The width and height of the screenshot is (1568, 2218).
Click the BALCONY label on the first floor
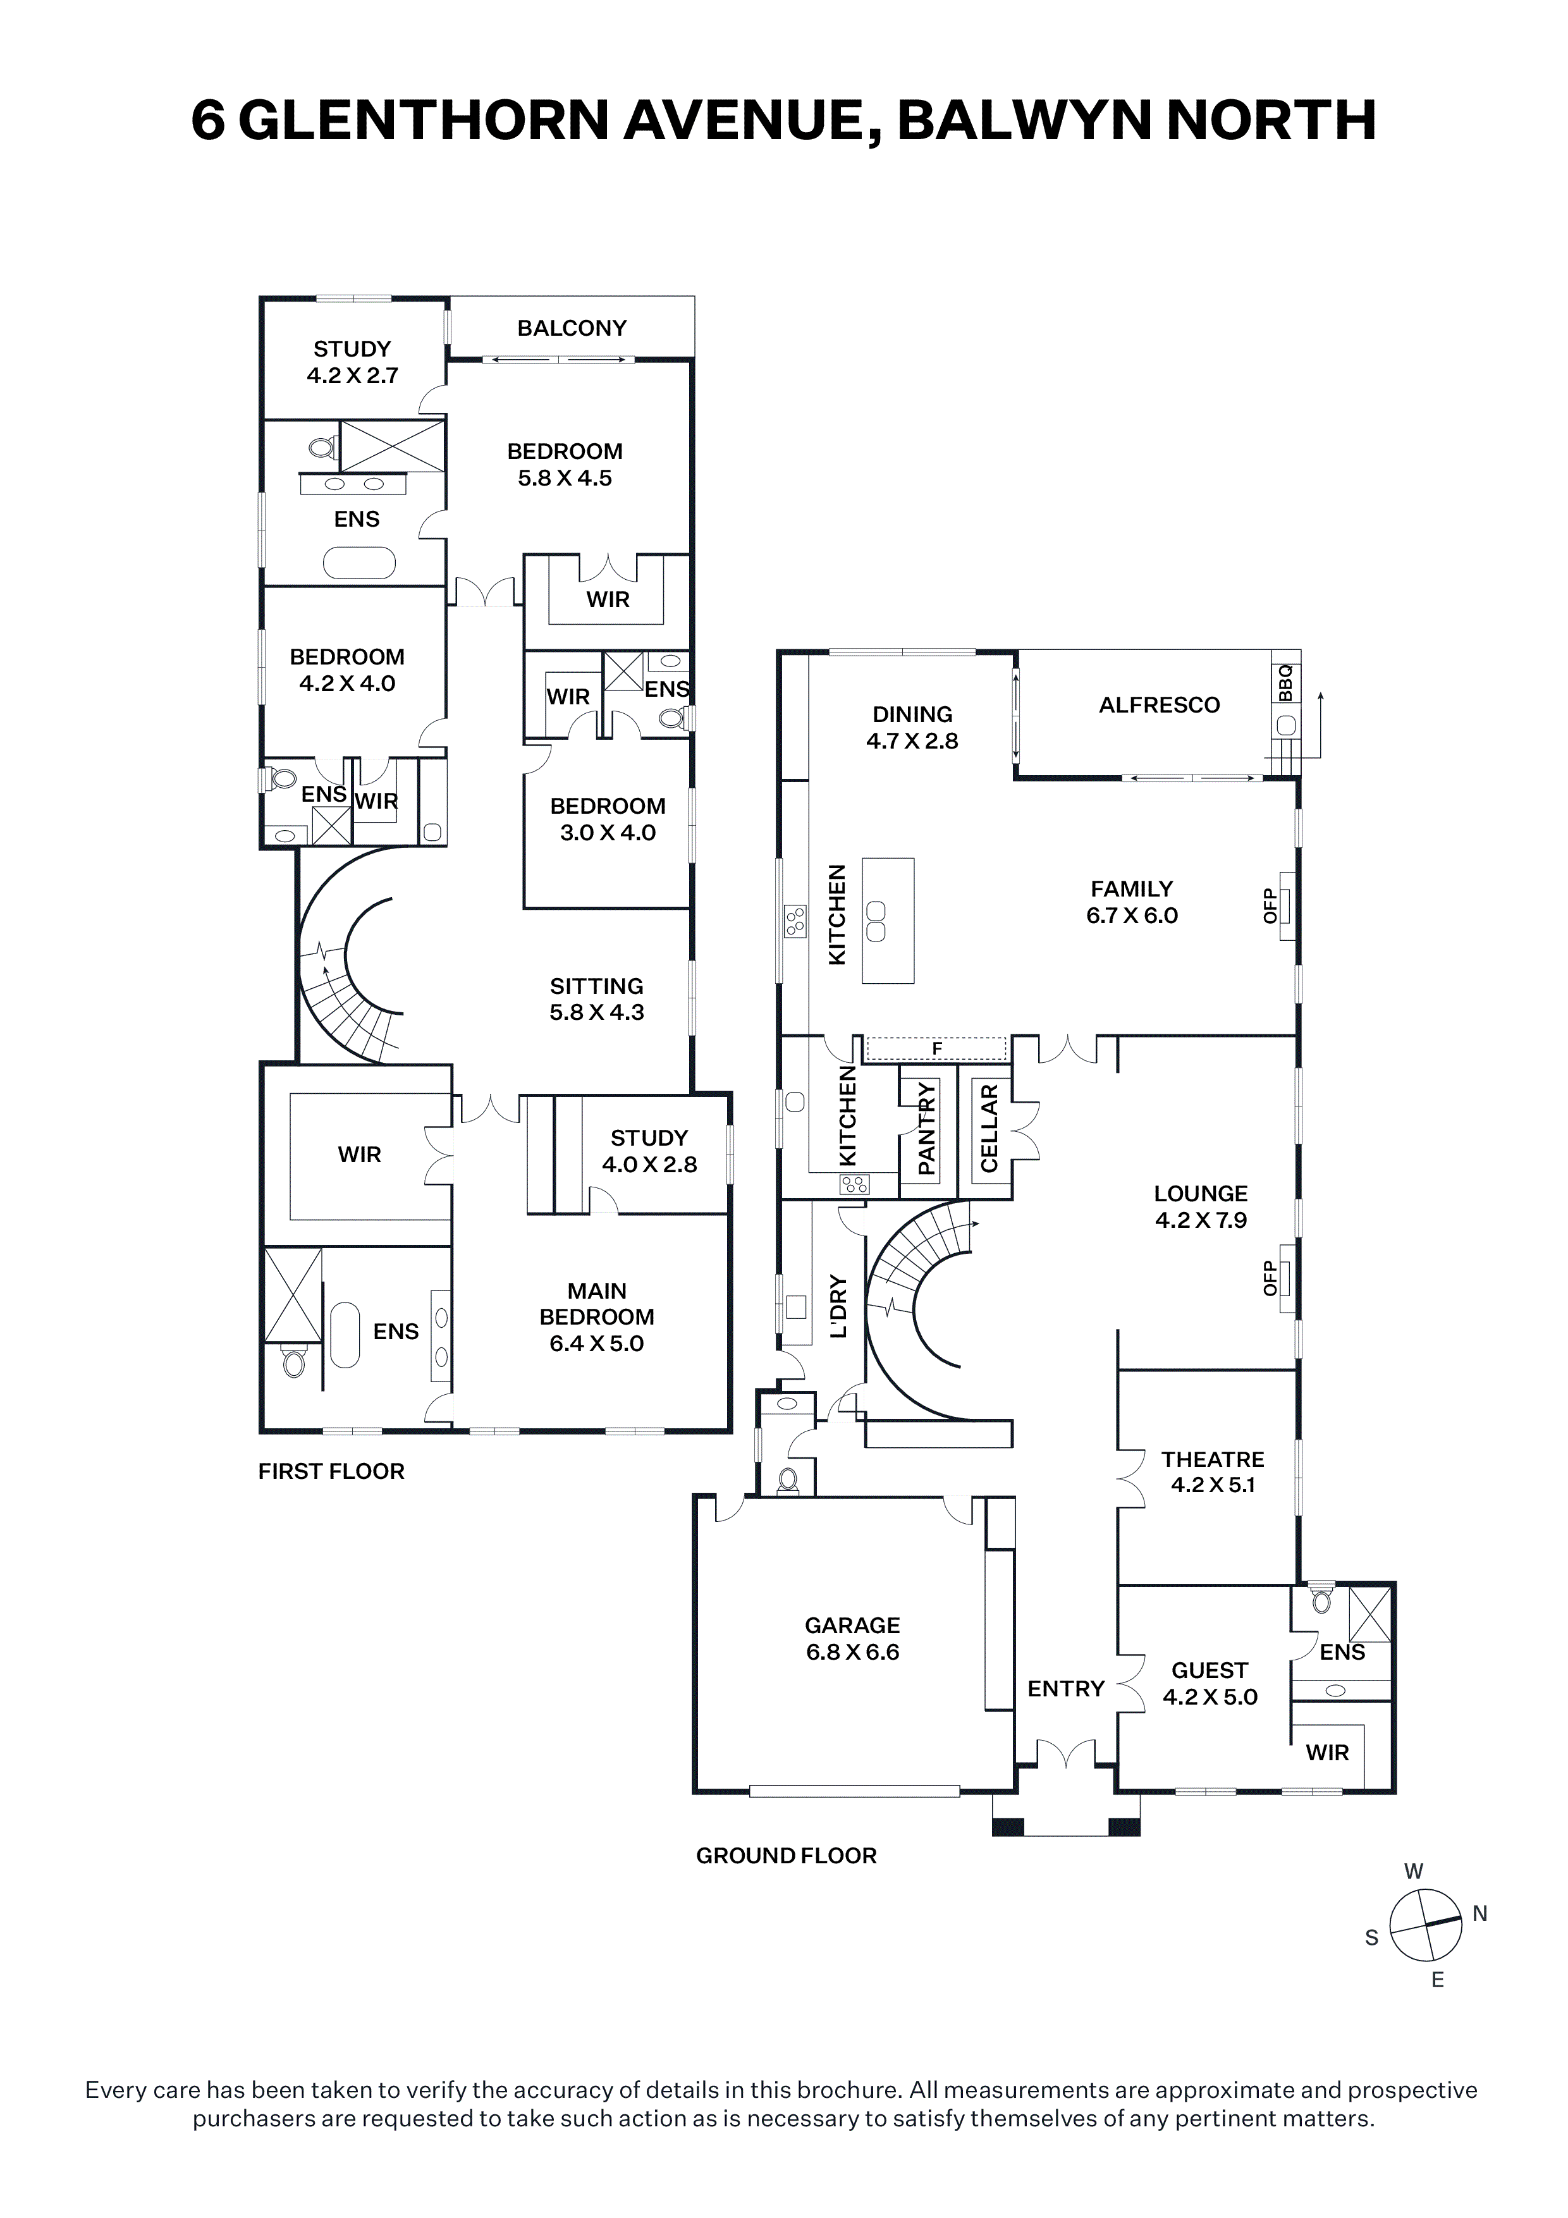point(572,328)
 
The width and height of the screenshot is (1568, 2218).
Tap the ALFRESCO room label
point(1160,705)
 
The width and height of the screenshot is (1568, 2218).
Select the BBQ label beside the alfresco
point(1285,682)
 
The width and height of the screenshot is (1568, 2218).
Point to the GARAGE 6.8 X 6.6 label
point(853,1639)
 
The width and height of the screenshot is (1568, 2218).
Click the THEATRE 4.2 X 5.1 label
point(1213,1472)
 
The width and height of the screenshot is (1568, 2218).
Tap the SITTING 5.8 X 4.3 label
point(597,999)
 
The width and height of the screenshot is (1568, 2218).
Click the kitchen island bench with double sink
point(888,920)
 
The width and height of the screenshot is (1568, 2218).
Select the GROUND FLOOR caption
point(787,1856)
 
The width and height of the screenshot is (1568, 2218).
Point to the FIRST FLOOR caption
point(331,1471)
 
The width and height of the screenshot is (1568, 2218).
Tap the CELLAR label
point(988,1129)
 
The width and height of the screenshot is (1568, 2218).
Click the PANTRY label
point(926,1129)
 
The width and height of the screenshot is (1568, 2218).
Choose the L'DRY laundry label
point(838,1307)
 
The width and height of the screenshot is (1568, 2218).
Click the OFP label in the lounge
point(1270,1277)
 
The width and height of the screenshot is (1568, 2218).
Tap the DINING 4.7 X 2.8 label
point(912,727)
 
